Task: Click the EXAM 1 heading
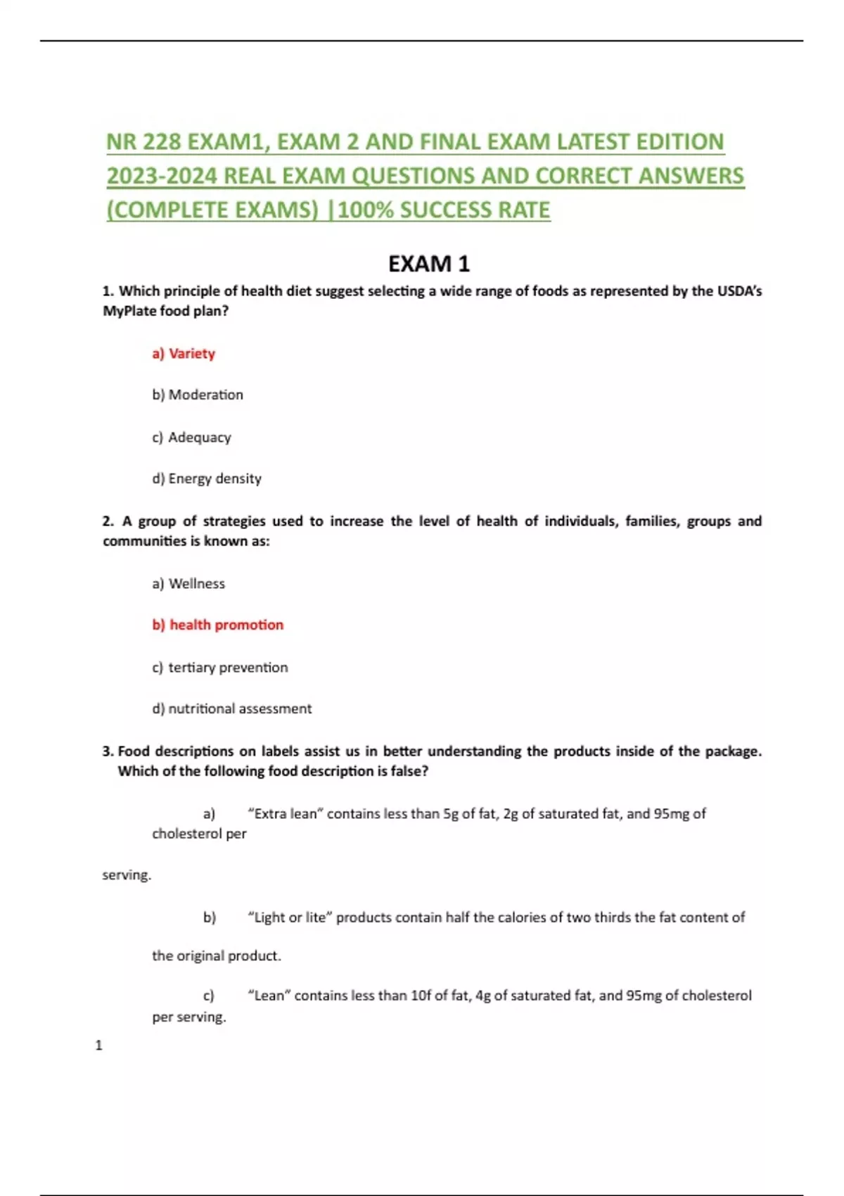point(428,264)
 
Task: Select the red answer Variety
point(184,353)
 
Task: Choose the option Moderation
point(198,395)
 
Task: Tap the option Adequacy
point(191,437)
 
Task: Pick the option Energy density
point(207,478)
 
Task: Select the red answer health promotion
point(218,625)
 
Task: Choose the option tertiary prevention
point(220,667)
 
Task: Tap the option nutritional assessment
point(232,708)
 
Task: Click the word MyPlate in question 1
point(129,311)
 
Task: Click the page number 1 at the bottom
point(98,1045)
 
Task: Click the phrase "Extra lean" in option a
point(286,814)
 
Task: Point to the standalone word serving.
point(127,875)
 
